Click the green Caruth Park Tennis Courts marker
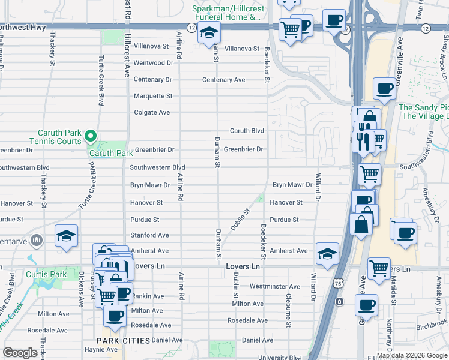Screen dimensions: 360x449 click(x=91, y=137)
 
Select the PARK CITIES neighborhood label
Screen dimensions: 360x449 click(x=123, y=341)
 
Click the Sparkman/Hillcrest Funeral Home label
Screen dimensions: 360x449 click(x=227, y=13)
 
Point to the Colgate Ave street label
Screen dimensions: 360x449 click(x=152, y=112)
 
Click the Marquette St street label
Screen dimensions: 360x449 click(x=152, y=96)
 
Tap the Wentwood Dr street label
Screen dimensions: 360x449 click(x=153, y=63)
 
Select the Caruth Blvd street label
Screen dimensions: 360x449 click(x=247, y=131)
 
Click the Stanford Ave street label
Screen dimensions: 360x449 click(x=149, y=236)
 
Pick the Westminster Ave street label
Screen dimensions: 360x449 click(x=274, y=287)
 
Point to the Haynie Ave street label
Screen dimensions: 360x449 click(x=101, y=350)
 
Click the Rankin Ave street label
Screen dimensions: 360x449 click(x=148, y=296)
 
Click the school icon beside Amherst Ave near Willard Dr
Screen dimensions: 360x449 click(x=327, y=253)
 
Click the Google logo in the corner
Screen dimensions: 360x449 click(x=20, y=353)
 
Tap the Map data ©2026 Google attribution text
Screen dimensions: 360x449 click(x=412, y=355)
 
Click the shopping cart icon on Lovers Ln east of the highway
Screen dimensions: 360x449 click(x=378, y=268)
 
